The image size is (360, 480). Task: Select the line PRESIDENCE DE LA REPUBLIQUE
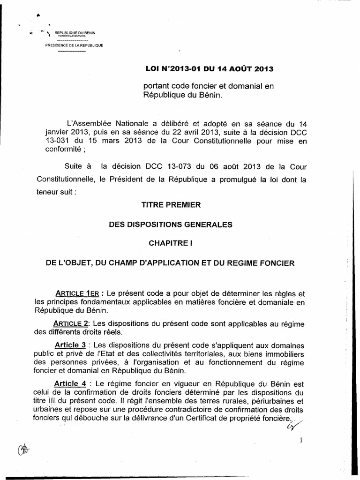[74, 45]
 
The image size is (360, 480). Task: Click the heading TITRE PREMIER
[171, 205]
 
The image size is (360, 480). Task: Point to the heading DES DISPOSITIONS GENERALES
[171, 225]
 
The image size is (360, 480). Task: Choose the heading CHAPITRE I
[171, 244]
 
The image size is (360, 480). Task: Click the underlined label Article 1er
[75, 293]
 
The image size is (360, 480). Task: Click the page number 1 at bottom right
[300, 440]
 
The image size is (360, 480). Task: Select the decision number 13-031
[47, 142]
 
